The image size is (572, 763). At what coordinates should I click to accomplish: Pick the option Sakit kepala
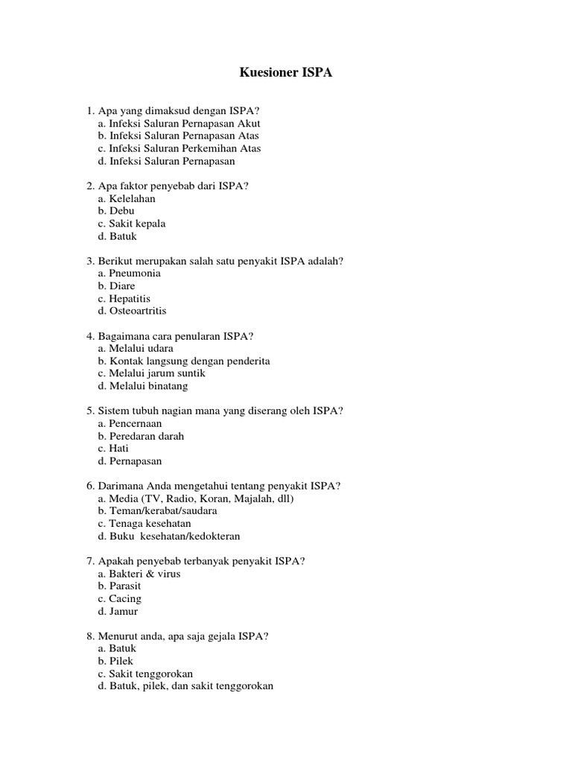131,224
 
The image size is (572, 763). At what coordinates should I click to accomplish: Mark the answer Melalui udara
136,348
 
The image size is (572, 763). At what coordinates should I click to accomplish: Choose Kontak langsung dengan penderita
183,361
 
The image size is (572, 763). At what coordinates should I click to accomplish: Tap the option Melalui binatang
142,386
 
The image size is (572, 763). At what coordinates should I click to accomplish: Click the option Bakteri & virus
139,574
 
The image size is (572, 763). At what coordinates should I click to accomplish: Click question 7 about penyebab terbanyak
196,561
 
